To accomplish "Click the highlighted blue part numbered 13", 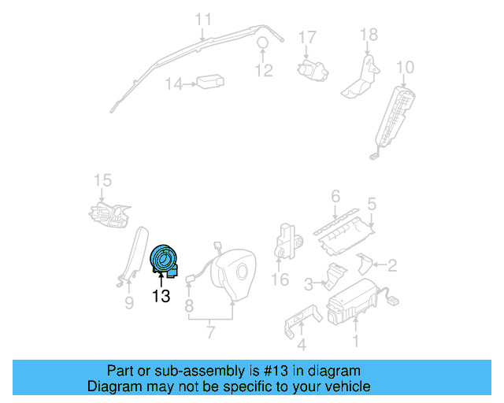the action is tap(164, 261).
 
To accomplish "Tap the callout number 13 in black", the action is tap(161, 296).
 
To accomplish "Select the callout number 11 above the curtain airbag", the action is tap(203, 19).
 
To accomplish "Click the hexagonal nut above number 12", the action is tap(262, 43).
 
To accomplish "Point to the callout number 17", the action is tap(307, 38).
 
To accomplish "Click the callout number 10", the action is tap(406, 68).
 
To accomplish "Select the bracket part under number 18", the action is tap(360, 77).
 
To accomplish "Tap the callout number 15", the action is tap(103, 180).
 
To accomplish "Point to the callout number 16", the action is tap(280, 279).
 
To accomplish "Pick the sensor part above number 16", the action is tap(288, 241).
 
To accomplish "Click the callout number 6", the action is tap(335, 196).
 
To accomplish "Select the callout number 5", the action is tap(372, 204).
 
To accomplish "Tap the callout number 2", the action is tap(392, 265).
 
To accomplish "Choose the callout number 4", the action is tap(302, 345).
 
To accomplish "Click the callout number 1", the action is tap(355, 342).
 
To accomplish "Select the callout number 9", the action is tap(129, 303).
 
